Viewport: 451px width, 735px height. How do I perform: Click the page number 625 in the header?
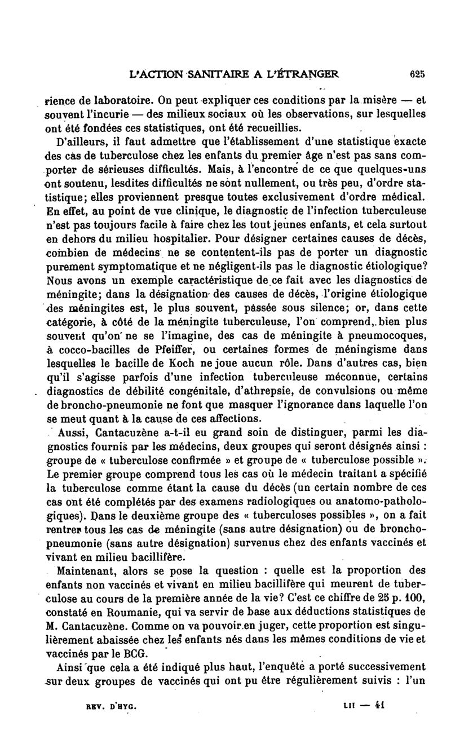417,73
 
